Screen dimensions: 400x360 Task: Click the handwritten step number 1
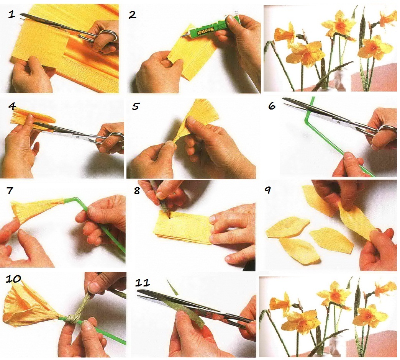(x=11, y=14)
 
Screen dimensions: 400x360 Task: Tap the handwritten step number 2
(x=132, y=15)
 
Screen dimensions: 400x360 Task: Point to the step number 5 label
(x=135, y=106)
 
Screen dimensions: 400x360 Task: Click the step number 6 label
(x=272, y=106)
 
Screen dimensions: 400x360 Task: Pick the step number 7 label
(x=10, y=190)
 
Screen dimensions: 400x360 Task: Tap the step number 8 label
(x=137, y=190)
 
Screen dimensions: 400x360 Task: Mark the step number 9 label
(x=267, y=190)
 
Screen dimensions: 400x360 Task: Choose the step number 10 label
(x=13, y=279)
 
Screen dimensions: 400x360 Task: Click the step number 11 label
(x=143, y=283)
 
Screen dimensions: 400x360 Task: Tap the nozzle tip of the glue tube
(x=182, y=37)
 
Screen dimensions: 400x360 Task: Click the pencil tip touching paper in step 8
(x=169, y=217)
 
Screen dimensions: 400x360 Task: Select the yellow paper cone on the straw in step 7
(x=38, y=209)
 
